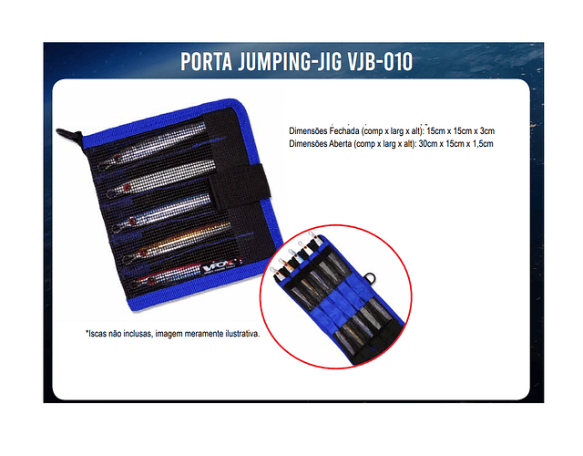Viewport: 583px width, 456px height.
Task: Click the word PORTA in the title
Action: click(207, 61)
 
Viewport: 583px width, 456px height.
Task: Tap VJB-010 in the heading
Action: click(380, 61)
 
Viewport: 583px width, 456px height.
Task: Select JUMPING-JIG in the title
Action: click(290, 62)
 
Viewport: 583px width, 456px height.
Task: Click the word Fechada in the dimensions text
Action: click(344, 131)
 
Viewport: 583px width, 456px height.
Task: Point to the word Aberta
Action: click(340, 144)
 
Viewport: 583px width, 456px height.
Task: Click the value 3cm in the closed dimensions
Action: click(487, 131)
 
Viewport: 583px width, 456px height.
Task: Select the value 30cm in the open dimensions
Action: click(426, 144)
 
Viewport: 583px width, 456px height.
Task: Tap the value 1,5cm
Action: click(483, 144)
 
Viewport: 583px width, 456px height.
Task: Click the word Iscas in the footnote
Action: click(97, 334)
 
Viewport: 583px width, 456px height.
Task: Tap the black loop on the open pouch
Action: click(370, 278)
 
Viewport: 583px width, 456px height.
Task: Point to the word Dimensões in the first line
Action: click(308, 131)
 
